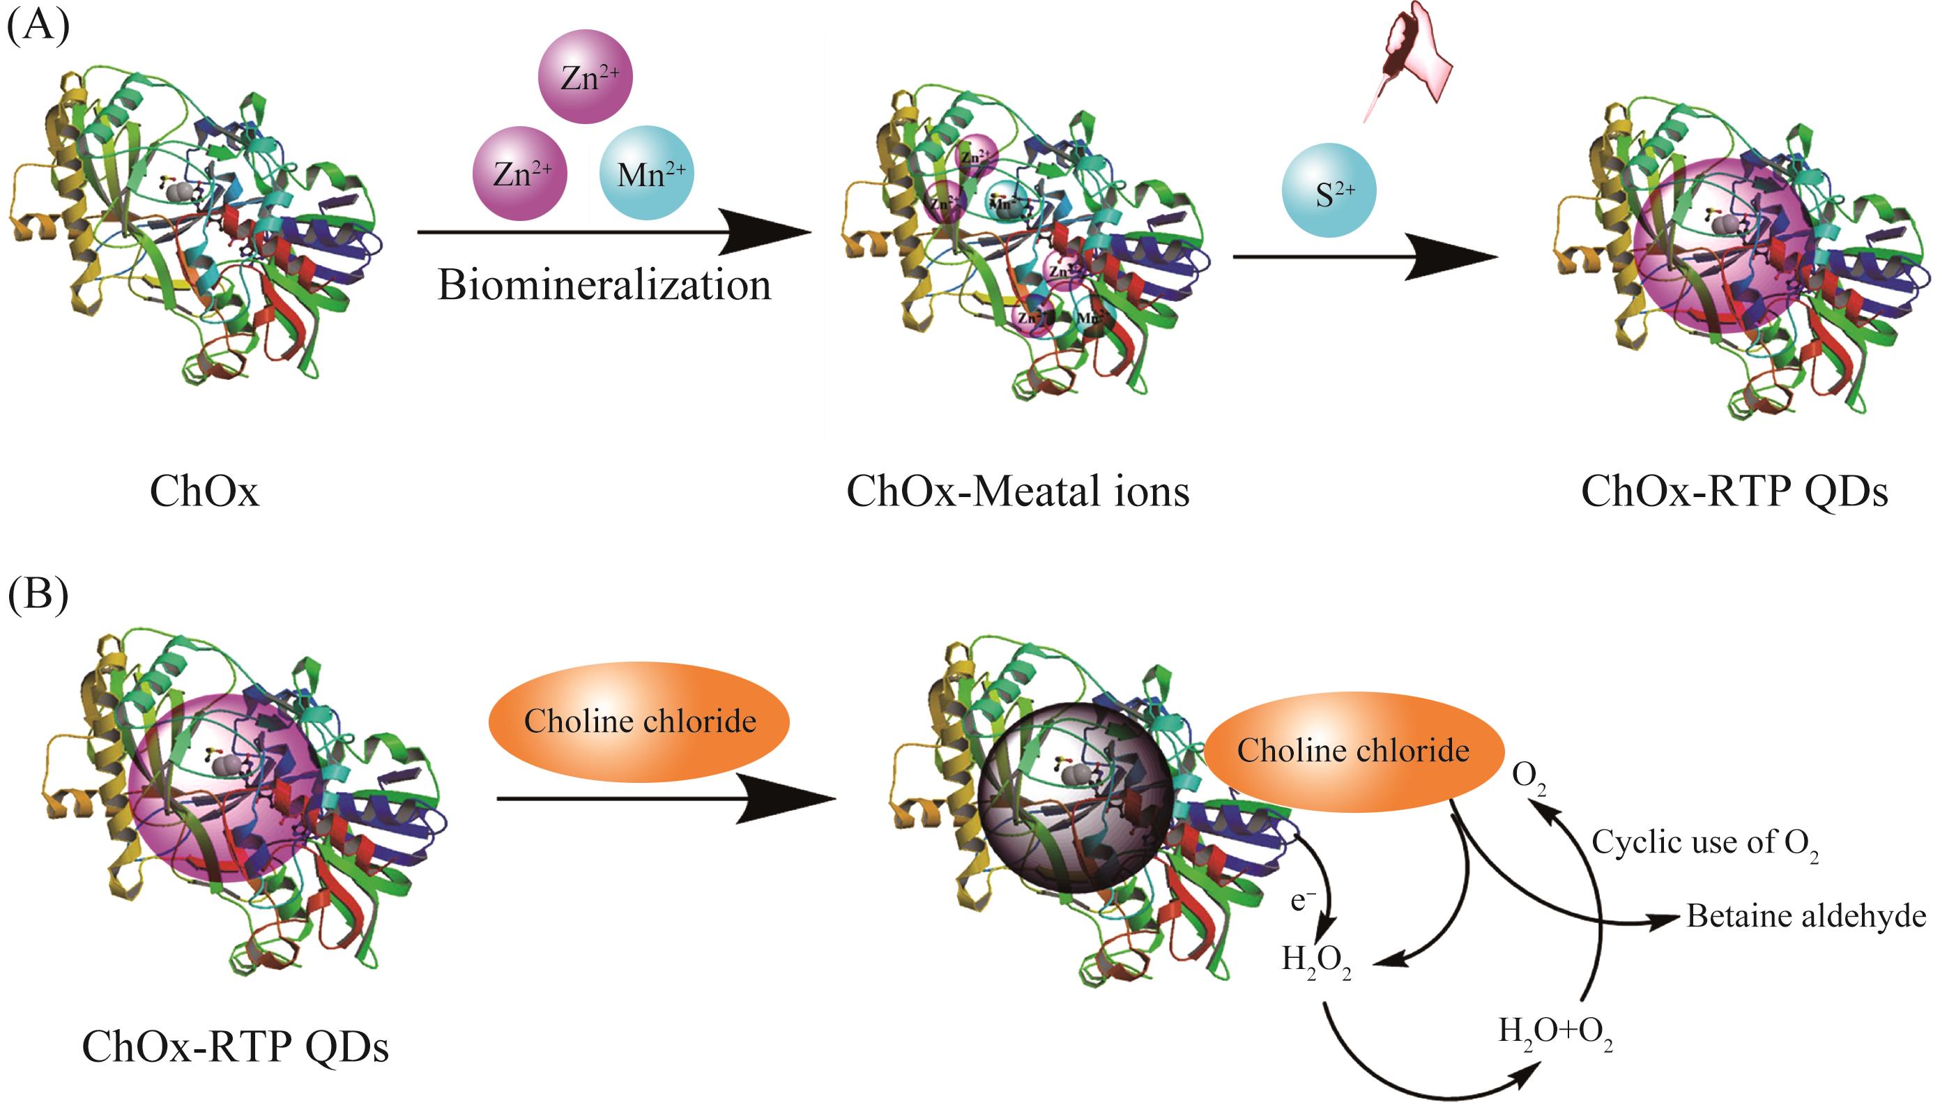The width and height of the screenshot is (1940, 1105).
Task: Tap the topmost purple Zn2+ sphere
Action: (585, 77)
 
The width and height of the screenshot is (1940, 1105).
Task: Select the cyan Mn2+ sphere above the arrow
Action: (646, 173)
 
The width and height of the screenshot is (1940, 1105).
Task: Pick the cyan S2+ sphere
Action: (1329, 190)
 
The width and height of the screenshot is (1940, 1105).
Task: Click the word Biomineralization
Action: (604, 285)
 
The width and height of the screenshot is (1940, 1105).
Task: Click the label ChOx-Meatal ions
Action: (1018, 491)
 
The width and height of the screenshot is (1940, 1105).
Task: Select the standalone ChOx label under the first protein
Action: (204, 491)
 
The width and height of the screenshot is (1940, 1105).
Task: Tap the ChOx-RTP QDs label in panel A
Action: (1734, 491)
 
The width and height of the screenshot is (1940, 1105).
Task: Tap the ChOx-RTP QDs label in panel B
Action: (235, 1046)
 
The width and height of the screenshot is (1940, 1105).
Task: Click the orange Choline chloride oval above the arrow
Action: (639, 721)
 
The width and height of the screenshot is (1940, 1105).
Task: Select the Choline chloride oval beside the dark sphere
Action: (1353, 752)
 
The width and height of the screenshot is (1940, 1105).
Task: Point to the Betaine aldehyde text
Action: (1805, 916)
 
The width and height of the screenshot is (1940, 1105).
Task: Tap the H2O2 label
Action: (1316, 961)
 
